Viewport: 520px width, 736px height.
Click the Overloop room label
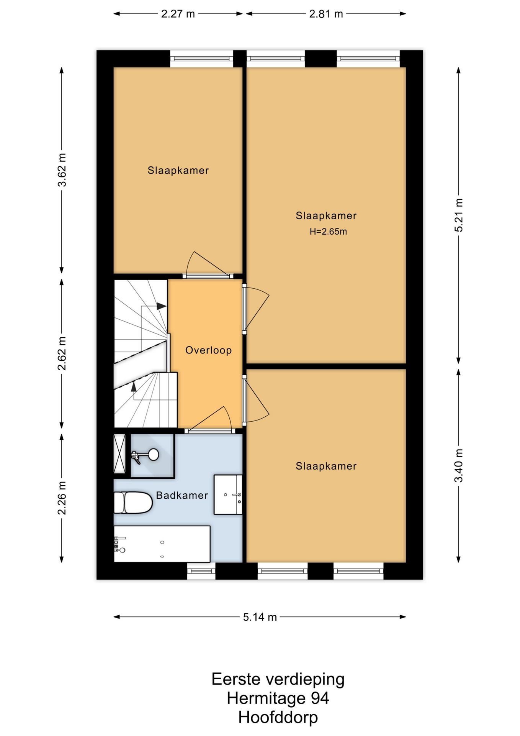point(208,350)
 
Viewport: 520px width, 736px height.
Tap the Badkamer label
point(182,495)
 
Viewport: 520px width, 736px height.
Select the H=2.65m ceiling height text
point(328,232)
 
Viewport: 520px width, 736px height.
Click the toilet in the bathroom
point(133,502)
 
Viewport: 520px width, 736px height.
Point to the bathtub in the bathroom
point(162,544)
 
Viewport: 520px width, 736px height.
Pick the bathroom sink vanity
point(228,495)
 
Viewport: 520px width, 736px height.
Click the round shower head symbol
point(154,455)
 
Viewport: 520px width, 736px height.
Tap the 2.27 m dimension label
point(178,14)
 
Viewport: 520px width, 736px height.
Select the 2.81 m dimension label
point(326,14)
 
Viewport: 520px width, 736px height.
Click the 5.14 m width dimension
point(260,617)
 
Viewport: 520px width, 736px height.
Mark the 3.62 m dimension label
point(62,170)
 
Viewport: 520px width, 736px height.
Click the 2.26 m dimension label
point(62,498)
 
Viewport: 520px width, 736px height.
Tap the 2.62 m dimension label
point(62,353)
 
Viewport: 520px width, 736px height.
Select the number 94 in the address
point(319,698)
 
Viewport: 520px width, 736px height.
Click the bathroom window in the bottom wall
point(201,571)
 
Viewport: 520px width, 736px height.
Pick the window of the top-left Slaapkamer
point(201,59)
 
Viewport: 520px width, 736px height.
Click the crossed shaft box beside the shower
point(120,454)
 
